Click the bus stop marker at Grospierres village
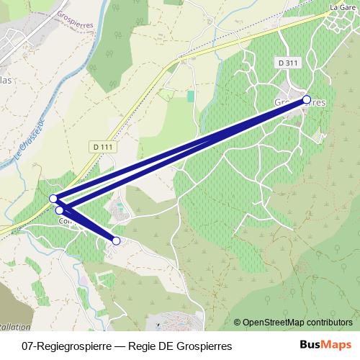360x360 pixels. (x=306, y=99)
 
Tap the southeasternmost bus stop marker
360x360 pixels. (x=116, y=240)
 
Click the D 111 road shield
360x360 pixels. (x=103, y=147)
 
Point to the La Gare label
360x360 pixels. (x=343, y=7)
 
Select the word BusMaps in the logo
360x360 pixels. (x=325, y=346)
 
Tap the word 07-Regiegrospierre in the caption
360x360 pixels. (x=66, y=346)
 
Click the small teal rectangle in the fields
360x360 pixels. (x=191, y=96)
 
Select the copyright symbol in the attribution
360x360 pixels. (x=238, y=323)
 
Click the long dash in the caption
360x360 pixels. (x=119, y=346)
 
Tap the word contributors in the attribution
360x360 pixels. (x=328, y=323)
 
